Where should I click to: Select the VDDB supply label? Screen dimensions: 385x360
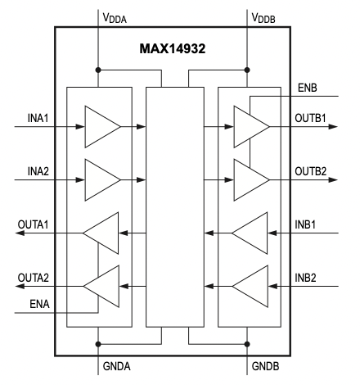click(267, 14)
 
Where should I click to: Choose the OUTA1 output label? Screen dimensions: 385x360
click(35, 224)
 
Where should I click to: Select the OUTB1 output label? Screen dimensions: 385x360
click(310, 117)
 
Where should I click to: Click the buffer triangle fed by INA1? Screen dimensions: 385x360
click(101, 127)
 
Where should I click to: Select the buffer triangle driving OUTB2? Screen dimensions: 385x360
click(250, 174)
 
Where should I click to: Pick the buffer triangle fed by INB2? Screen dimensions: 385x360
click(249, 286)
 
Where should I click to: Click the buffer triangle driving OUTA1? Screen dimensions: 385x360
click(102, 233)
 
